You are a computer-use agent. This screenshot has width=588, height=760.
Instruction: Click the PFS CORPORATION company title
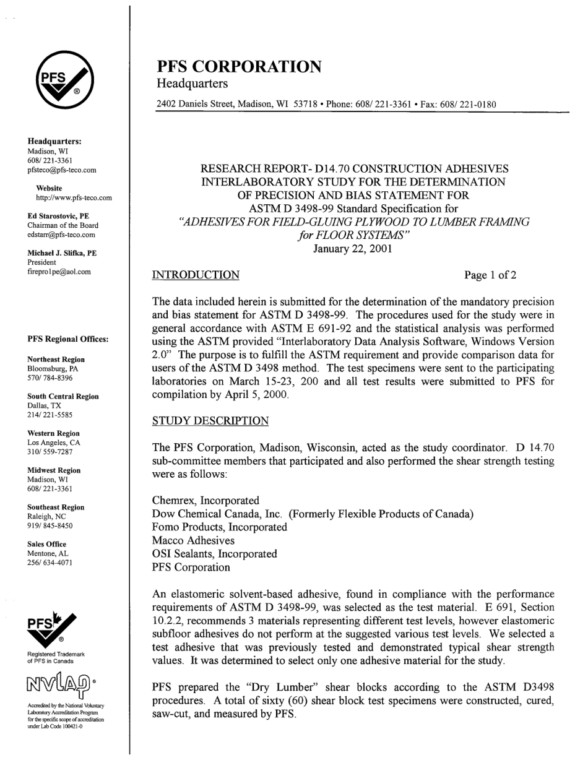click(240, 67)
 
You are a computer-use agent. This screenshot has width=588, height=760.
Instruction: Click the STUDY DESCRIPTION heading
click(210, 421)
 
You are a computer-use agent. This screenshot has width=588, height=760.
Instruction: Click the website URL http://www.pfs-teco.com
click(74, 198)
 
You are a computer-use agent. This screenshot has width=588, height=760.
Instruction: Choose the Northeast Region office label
click(56, 360)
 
